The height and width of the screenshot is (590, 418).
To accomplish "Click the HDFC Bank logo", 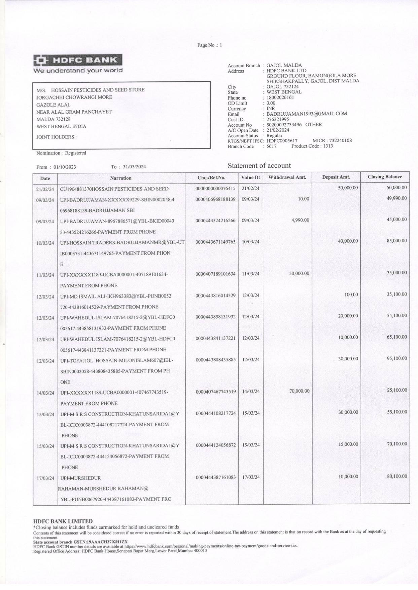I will (x=78, y=61).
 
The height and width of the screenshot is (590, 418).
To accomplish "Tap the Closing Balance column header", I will (x=385, y=177).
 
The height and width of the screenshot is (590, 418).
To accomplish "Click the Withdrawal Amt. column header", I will (x=287, y=177).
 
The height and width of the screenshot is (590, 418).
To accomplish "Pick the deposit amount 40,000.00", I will (x=348, y=241).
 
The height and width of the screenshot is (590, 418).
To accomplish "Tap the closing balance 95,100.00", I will (x=397, y=358).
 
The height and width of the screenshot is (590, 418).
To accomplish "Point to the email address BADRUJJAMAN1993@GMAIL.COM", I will (x=306, y=114).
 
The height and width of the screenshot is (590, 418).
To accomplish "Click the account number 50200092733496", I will (x=284, y=125).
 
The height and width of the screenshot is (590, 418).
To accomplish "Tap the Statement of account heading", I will (x=259, y=165).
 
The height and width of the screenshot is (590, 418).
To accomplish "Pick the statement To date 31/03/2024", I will (x=134, y=167).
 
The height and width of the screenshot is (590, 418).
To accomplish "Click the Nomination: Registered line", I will (x=61, y=153).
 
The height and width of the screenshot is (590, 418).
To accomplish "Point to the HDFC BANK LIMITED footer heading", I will (x=63, y=521).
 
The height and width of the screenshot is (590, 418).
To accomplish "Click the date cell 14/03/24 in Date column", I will (x=45, y=393).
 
